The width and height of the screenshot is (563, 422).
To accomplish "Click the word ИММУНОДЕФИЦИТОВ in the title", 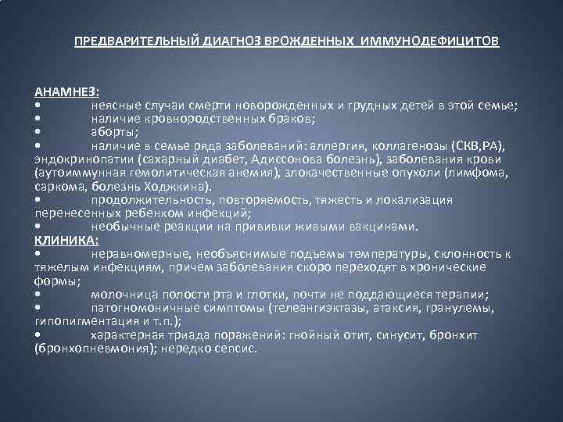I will click(430, 40).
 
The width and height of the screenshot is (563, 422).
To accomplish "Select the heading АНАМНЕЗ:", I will click(66, 92).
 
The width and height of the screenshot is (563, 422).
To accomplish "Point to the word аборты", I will click(114, 132).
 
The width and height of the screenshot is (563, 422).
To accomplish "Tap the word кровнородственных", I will click(197, 119).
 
